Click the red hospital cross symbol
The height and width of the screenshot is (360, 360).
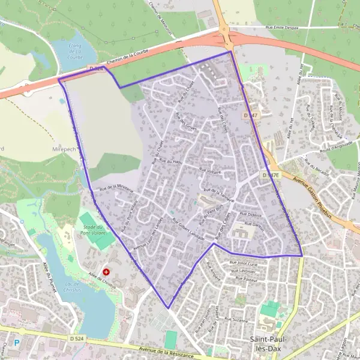click(106, 272)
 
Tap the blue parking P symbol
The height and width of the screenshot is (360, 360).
click(17, 343)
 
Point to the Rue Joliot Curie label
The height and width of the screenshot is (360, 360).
click(243, 263)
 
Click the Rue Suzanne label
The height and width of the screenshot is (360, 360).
click(233, 321)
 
